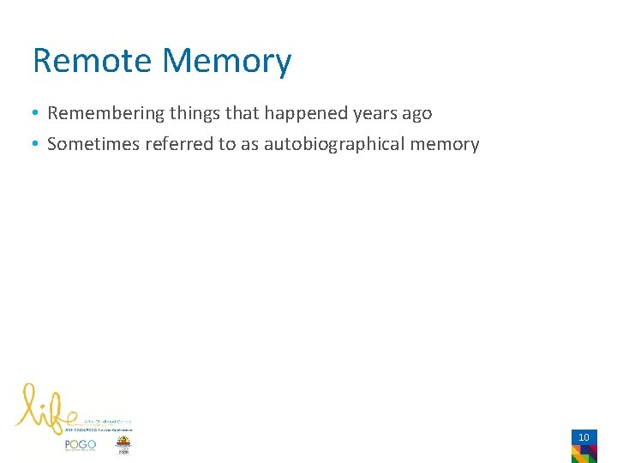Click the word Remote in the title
(93, 61)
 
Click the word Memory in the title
(226, 61)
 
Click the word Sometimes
(93, 144)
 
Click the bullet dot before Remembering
(37, 113)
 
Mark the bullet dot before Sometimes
(37, 144)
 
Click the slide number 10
(584, 437)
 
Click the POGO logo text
(80, 445)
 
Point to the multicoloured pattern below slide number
(584, 454)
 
